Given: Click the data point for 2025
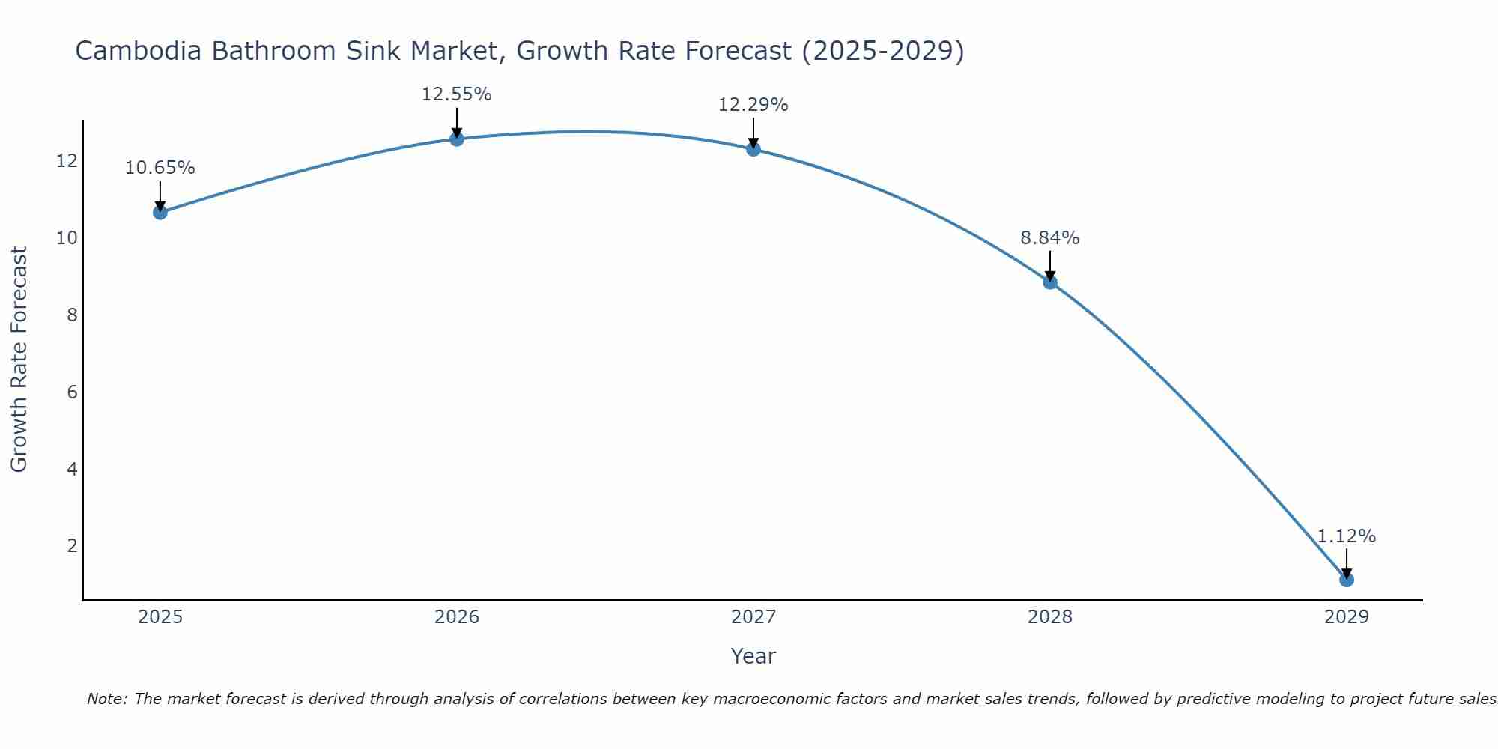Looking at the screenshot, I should tap(160, 212).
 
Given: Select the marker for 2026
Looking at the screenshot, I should tap(457, 139).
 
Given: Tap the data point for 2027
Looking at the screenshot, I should tap(753, 149).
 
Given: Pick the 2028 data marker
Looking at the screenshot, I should tap(1050, 282).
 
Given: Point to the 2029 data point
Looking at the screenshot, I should tap(1347, 579).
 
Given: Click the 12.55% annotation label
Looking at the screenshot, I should tap(456, 94).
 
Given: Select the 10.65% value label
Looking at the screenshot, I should tap(160, 168).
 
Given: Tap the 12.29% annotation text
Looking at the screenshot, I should tap(753, 105).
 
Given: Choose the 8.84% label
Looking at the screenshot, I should tap(1049, 238).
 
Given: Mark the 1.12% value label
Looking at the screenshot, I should tap(1346, 536).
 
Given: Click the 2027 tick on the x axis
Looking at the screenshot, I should tap(753, 617).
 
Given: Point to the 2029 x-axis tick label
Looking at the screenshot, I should tap(1347, 617).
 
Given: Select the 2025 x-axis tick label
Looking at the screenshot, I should tap(160, 617).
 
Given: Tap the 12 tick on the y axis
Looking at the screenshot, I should tap(67, 161).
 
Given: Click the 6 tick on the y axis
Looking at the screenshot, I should tap(72, 392).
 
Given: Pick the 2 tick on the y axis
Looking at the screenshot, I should tap(72, 545).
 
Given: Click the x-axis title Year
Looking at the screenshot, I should tap(753, 656).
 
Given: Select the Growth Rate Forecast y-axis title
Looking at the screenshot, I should tap(19, 360).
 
